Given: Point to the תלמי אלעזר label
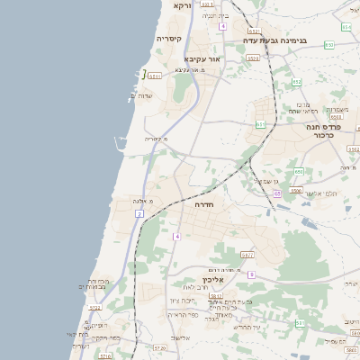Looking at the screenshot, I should coord(318,193).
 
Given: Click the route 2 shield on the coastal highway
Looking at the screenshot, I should coord(139,214).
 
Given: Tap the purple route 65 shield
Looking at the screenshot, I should coord(277,193).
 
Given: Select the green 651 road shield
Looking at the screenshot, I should coord(260,124).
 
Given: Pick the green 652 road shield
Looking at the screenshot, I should coord(297,82).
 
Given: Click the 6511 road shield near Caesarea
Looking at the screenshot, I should coord(156,76).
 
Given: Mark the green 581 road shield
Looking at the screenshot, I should coord(299,323).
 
